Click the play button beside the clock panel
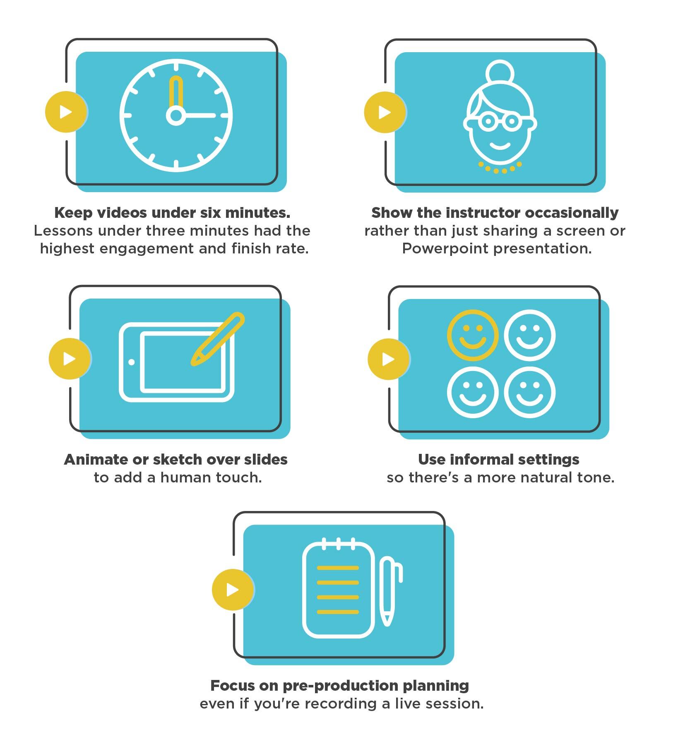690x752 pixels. click(x=66, y=112)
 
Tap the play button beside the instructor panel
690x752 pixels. click(x=385, y=112)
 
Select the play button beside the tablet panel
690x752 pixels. click(x=70, y=359)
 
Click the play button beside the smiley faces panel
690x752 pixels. click(x=388, y=359)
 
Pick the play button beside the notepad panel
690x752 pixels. click(x=233, y=589)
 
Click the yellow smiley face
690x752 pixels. click(x=472, y=335)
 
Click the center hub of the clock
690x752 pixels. click(x=176, y=116)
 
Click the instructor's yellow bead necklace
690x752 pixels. click(x=500, y=169)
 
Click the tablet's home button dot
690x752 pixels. click(x=132, y=362)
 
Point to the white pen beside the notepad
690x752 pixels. click(x=389, y=590)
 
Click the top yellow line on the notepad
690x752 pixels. click(x=337, y=568)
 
